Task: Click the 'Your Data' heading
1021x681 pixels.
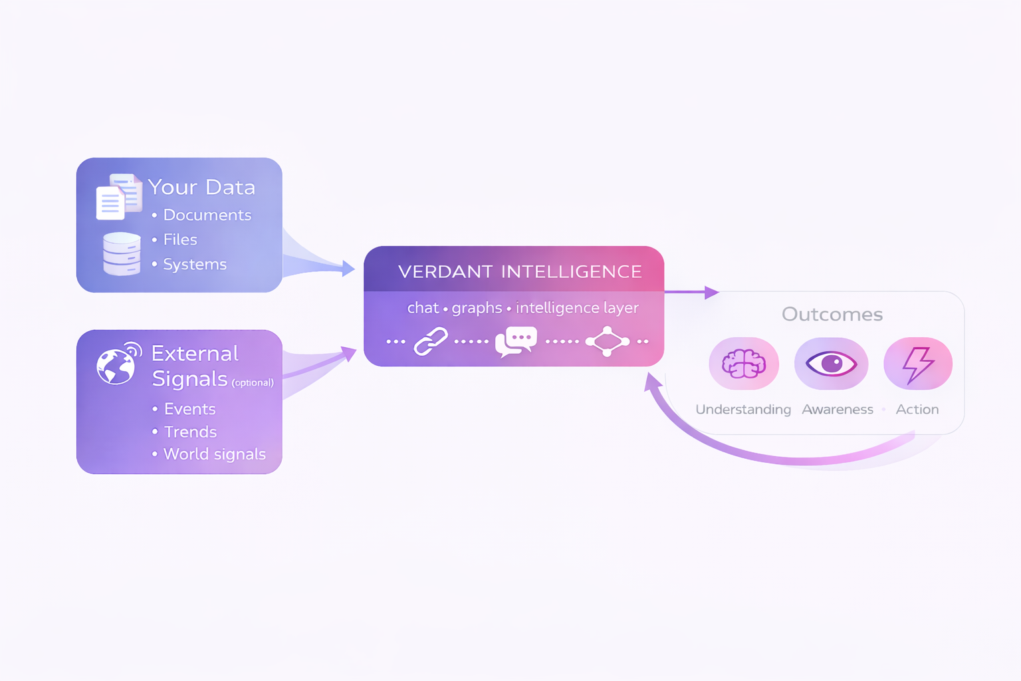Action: click(201, 187)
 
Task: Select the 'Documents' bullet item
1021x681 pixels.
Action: click(207, 215)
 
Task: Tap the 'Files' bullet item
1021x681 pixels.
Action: click(180, 239)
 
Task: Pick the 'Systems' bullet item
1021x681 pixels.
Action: click(195, 264)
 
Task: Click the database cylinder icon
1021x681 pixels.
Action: click(122, 253)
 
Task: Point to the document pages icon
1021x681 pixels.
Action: click(118, 196)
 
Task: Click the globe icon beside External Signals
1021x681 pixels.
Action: click(118, 364)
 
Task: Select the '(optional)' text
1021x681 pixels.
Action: click(253, 382)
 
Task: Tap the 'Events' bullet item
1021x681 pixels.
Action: click(189, 408)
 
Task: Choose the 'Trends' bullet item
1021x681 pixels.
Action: click(190, 432)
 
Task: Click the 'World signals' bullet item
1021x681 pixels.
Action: click(214, 454)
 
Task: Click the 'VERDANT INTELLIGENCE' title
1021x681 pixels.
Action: click(520, 271)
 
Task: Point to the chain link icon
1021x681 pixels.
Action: click(431, 342)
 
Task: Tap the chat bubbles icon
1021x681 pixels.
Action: click(516, 341)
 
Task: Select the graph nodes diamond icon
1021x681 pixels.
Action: click(607, 341)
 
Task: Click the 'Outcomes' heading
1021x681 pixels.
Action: click(832, 314)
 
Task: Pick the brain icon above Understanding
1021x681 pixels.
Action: click(744, 364)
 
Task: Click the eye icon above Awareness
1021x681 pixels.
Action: click(831, 364)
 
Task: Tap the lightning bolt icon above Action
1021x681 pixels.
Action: click(917, 364)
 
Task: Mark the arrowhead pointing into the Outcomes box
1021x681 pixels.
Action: click(712, 292)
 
